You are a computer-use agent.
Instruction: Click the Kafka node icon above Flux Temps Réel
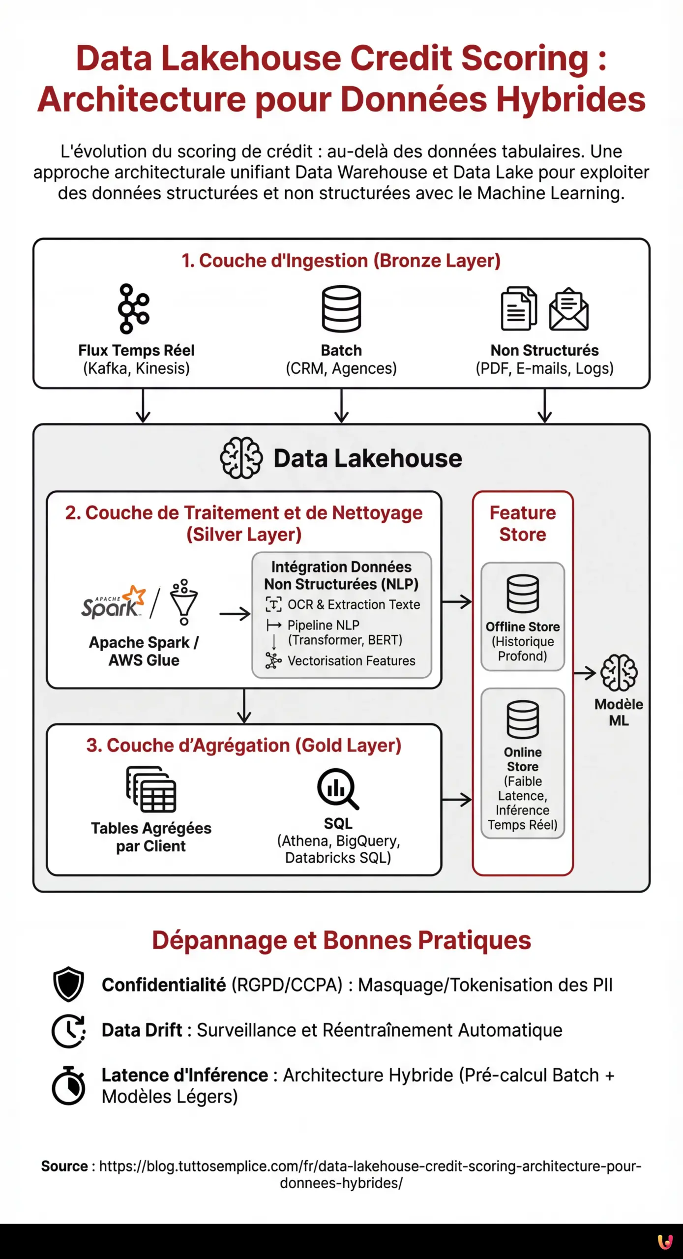[133, 309]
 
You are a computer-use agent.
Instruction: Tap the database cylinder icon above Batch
[341, 309]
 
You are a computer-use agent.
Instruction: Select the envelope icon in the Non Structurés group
[568, 309]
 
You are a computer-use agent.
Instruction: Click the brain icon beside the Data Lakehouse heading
[241, 458]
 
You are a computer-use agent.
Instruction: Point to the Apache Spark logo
[114, 602]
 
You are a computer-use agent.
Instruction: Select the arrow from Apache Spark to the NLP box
[235, 614]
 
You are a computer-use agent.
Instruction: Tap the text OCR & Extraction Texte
[354, 604]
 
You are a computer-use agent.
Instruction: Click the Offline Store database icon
[523, 594]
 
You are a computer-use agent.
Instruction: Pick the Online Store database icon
[523, 719]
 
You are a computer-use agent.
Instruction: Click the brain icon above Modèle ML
[619, 673]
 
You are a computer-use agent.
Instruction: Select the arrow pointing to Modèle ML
[585, 673]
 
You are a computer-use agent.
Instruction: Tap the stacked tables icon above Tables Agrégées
[151, 789]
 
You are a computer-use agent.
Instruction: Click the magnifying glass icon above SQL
[338, 789]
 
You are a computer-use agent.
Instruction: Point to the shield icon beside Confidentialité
[68, 984]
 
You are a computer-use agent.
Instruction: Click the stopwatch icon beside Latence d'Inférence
[68, 1085]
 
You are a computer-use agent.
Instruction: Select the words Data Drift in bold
[142, 1030]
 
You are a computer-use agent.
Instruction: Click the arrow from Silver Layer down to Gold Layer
[244, 706]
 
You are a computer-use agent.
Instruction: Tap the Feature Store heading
[523, 523]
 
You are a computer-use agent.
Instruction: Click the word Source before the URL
[64, 1166]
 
